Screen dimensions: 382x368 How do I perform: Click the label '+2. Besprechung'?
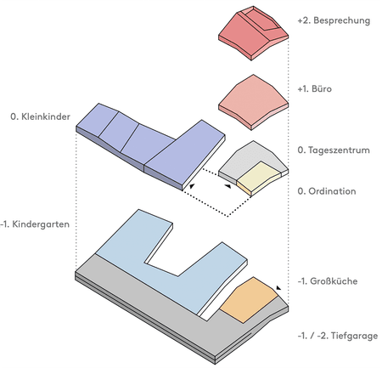(x=334, y=20)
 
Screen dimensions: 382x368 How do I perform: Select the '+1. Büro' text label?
(x=314, y=89)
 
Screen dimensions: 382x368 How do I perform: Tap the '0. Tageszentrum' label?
(x=334, y=150)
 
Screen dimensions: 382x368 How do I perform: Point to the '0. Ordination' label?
(x=327, y=191)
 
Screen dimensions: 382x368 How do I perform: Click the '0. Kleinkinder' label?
(x=40, y=116)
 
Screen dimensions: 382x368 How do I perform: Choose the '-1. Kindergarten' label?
(x=35, y=224)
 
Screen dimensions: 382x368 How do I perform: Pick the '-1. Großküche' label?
(x=328, y=281)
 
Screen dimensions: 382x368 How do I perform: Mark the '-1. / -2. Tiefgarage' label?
(x=338, y=336)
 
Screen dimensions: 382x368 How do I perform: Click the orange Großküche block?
(x=249, y=299)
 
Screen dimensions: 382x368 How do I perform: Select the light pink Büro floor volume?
(x=253, y=102)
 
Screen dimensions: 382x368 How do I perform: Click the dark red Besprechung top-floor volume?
(x=253, y=33)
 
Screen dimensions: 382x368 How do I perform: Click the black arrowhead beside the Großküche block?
(x=278, y=288)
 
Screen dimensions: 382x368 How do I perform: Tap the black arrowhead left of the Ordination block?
(x=228, y=186)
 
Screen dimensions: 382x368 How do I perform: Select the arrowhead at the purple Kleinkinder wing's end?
(x=192, y=186)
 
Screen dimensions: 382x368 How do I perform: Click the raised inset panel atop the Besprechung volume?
(x=261, y=19)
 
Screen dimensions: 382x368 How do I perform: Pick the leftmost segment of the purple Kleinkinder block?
(x=97, y=121)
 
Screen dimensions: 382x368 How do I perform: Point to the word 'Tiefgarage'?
(x=354, y=336)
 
